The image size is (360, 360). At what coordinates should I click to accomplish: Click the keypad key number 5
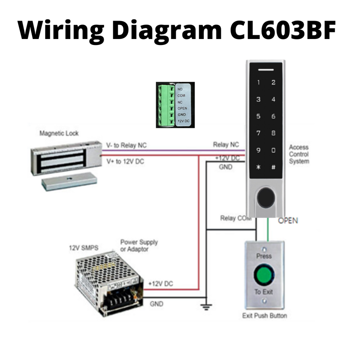[x=258, y=116]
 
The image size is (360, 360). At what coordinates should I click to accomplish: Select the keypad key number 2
[x=274, y=83]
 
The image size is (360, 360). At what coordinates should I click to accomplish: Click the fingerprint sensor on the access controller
[x=266, y=198]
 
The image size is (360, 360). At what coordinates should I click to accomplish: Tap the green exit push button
[x=264, y=275]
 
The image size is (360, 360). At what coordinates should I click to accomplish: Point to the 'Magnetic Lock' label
[x=59, y=134]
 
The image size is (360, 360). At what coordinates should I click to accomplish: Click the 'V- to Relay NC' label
[x=126, y=145]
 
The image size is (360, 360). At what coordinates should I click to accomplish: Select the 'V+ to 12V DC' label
[x=125, y=162]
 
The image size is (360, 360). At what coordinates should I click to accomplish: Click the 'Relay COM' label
[x=236, y=218]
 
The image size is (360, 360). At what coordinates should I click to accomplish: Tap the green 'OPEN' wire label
[x=288, y=221]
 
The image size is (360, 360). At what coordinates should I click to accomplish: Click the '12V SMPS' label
[x=83, y=248]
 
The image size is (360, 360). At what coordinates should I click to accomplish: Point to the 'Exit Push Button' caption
[x=264, y=316]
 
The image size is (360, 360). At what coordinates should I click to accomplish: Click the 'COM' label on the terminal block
[x=181, y=96]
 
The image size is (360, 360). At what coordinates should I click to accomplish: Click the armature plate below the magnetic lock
[x=69, y=182]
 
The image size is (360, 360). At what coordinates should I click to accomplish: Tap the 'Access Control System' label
[x=299, y=154]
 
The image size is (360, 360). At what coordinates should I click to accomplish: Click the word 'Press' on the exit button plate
[x=264, y=256]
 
